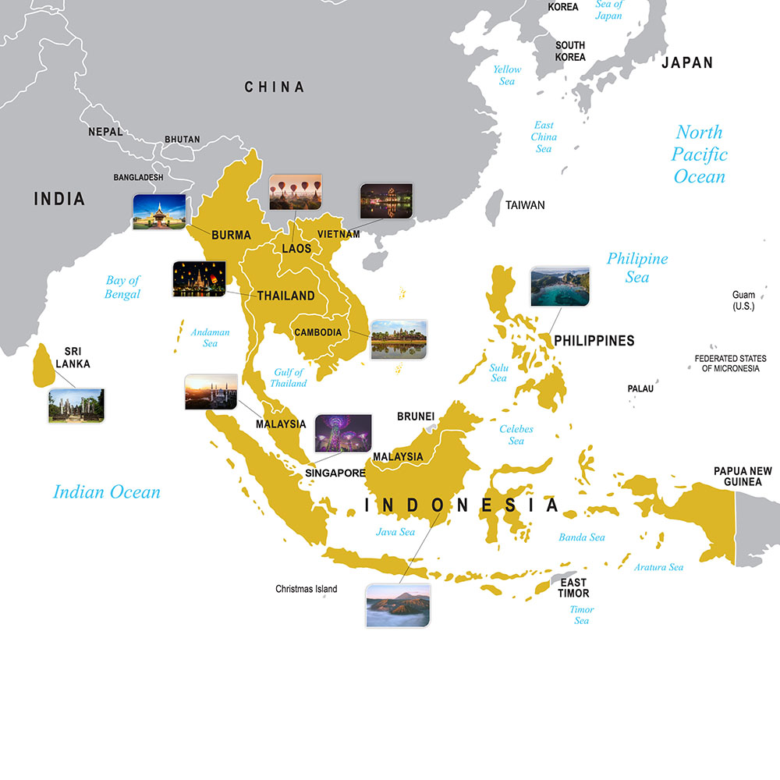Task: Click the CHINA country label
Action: [x=275, y=87]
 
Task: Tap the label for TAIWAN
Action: [x=525, y=205]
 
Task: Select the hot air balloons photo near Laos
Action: [x=295, y=192]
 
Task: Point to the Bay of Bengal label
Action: [x=122, y=287]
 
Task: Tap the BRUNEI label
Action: [x=416, y=417]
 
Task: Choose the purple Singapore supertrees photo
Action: [x=343, y=434]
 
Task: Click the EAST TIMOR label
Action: [x=573, y=588]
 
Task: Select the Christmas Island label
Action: [x=307, y=589]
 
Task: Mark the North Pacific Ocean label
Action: [x=700, y=154]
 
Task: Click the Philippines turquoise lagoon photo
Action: [x=560, y=286]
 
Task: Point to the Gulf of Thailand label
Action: [x=289, y=378]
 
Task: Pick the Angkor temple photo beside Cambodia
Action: [x=399, y=339]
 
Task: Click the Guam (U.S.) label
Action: [x=743, y=300]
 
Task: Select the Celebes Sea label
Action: [x=516, y=435]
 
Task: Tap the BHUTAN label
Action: [x=182, y=140]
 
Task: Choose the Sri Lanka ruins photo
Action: [x=76, y=406]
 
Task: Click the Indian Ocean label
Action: [x=107, y=492]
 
